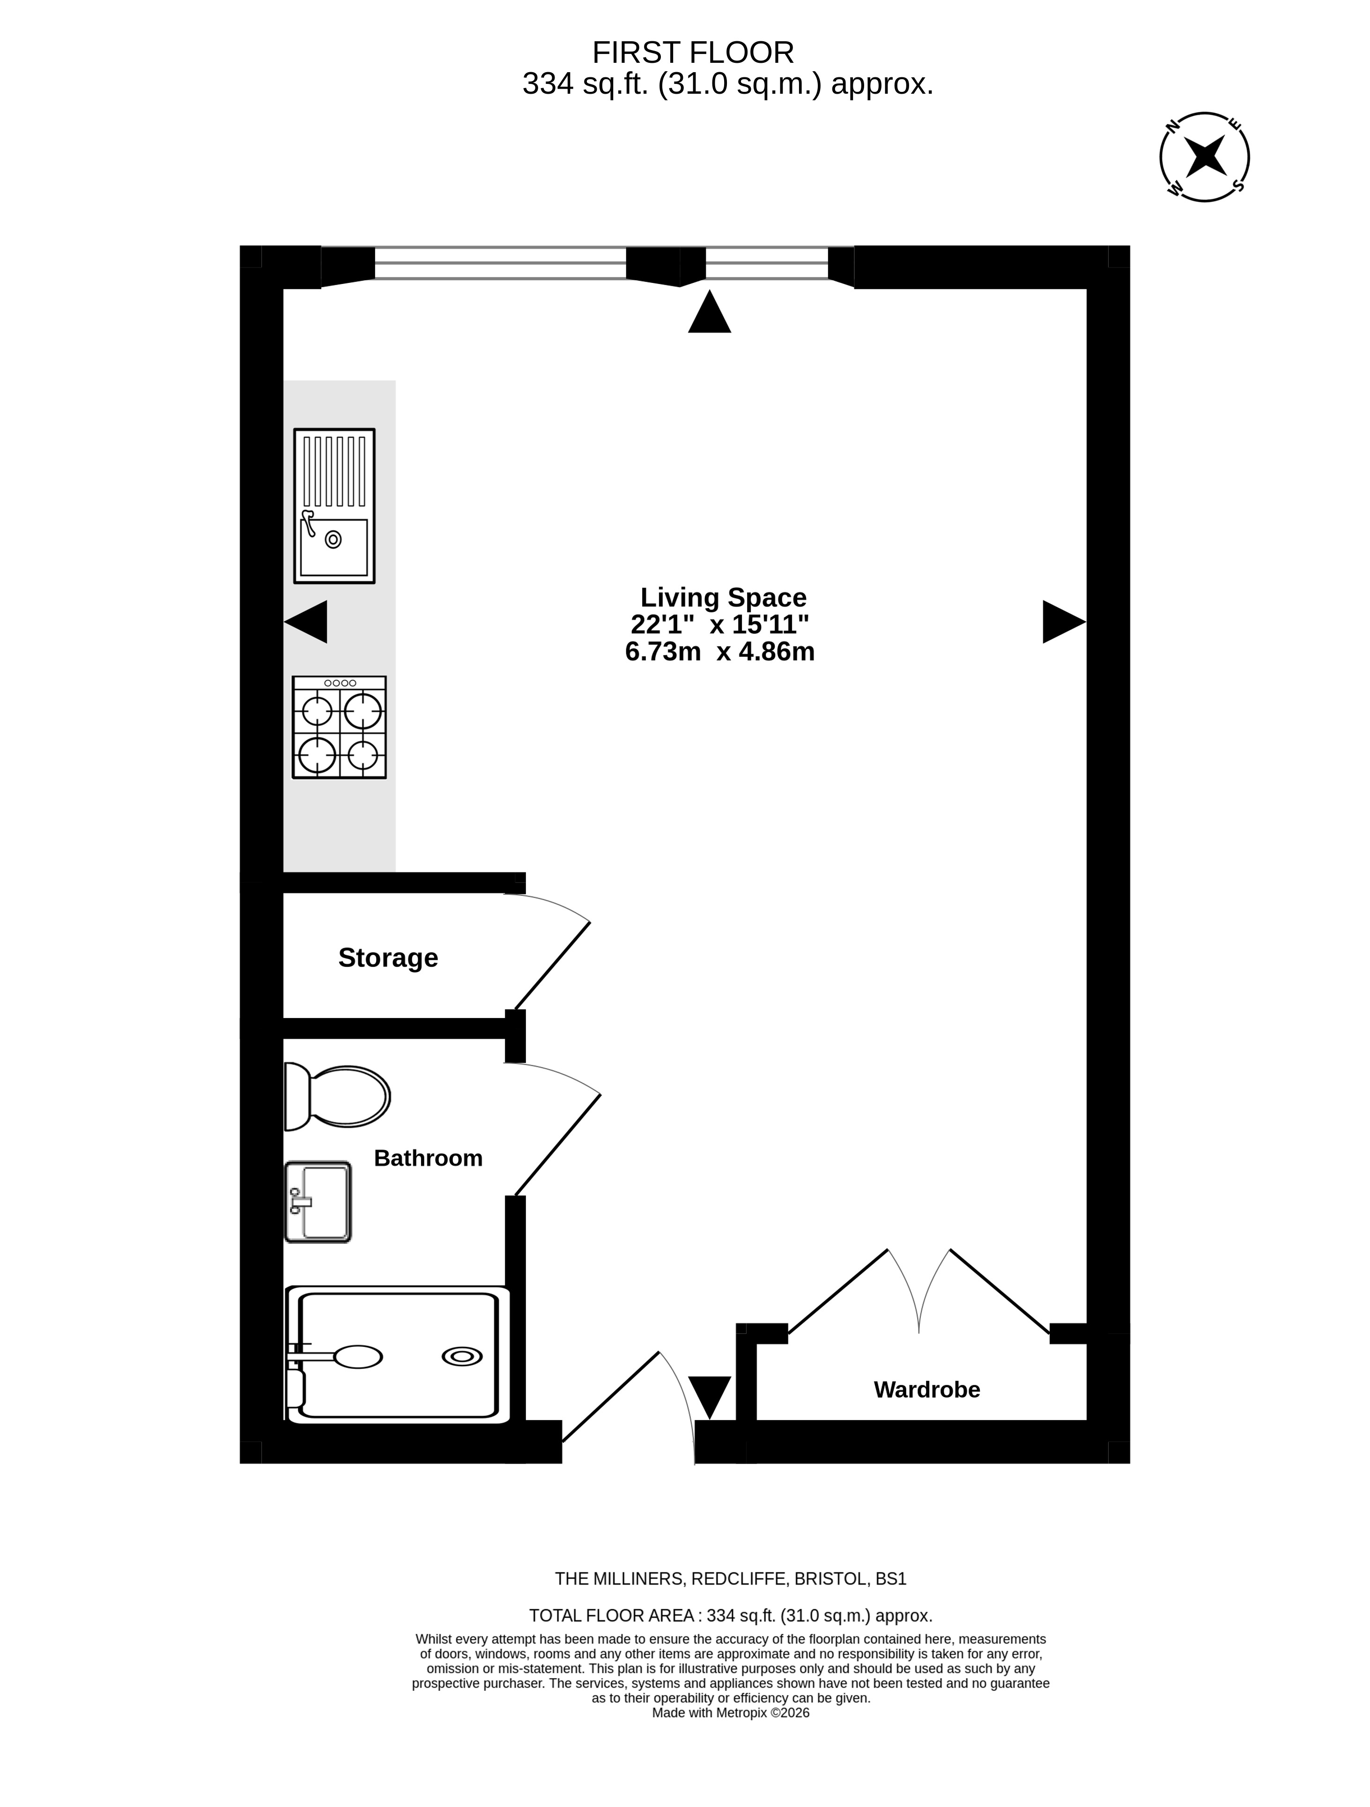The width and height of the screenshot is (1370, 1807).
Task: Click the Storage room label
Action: click(388, 958)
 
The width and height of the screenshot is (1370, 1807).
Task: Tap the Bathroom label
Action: click(428, 1159)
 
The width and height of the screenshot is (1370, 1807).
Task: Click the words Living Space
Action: click(723, 597)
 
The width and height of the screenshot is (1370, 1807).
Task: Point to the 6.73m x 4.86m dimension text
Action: click(720, 652)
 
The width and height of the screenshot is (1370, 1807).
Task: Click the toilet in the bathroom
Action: click(337, 1096)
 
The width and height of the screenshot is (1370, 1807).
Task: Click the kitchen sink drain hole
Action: click(333, 539)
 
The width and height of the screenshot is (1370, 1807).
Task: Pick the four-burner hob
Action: click(339, 727)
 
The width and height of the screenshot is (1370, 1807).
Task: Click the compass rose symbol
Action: click(1204, 156)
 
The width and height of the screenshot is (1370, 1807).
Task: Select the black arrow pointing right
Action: click(1064, 622)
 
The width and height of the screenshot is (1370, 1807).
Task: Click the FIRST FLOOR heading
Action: click(693, 53)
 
